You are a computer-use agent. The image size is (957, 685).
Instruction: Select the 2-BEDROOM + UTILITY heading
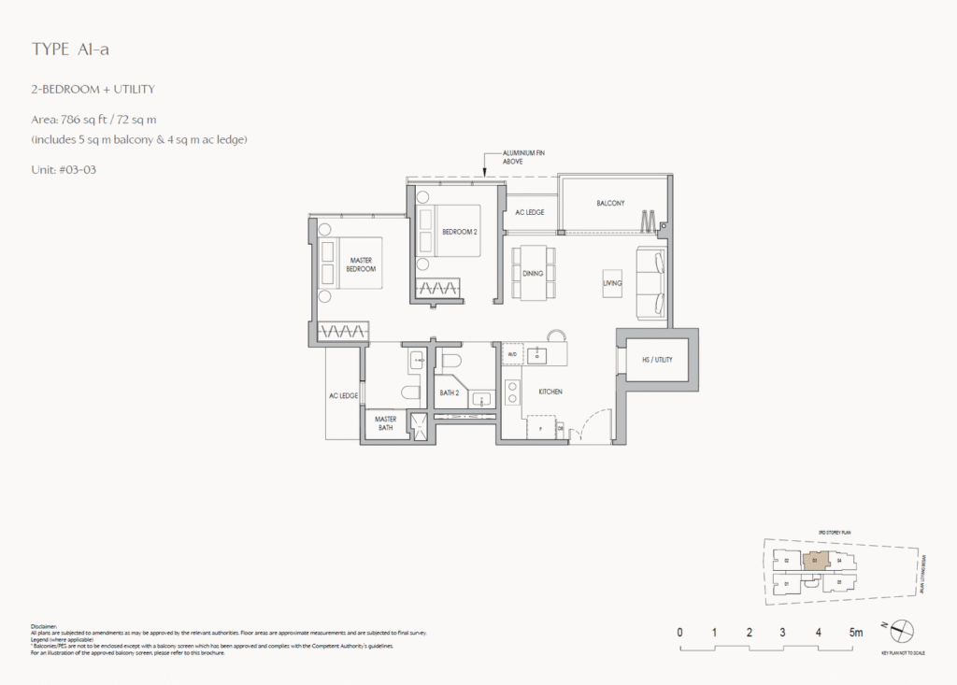click(92, 90)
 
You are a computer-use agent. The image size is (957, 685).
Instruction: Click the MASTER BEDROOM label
click(362, 264)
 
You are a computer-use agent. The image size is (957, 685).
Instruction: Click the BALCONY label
click(610, 204)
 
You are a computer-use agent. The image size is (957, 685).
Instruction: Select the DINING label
click(534, 274)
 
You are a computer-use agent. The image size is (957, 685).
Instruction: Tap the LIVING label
click(612, 282)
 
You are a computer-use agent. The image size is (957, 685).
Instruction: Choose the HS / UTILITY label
click(657, 360)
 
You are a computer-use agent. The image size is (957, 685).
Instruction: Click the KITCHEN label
click(549, 392)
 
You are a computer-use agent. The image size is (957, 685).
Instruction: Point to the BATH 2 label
click(450, 393)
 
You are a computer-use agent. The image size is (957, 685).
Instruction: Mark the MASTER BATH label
click(386, 423)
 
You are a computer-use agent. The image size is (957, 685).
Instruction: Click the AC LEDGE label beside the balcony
click(529, 213)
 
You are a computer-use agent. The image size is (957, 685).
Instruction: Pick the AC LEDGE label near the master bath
click(343, 396)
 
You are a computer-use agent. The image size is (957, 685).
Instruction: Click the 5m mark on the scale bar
click(855, 633)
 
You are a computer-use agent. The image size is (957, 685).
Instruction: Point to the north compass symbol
click(900, 631)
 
